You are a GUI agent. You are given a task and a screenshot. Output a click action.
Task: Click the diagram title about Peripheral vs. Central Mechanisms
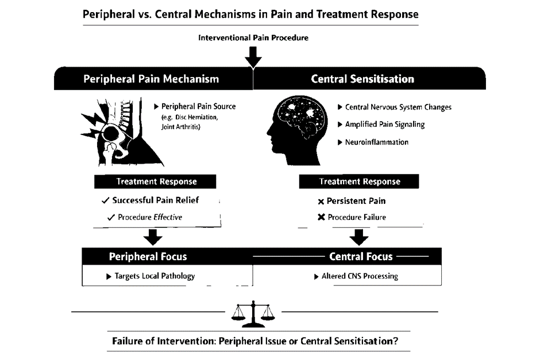click(x=250, y=14)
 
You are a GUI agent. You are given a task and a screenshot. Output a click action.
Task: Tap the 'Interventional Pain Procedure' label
click(x=253, y=38)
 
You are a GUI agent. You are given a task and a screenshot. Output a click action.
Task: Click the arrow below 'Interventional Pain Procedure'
click(x=253, y=57)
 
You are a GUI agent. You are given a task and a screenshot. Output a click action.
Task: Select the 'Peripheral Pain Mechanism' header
click(x=151, y=79)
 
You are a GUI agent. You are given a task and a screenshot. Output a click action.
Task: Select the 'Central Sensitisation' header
click(x=362, y=79)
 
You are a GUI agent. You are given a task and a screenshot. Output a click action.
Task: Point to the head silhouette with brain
click(x=297, y=130)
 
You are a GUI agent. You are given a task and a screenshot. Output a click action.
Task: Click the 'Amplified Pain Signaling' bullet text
click(x=385, y=125)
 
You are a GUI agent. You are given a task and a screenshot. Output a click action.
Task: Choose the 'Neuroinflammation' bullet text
click(x=377, y=142)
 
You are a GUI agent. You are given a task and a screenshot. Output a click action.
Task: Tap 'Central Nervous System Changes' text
click(x=398, y=107)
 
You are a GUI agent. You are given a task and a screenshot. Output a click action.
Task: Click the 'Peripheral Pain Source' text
click(x=198, y=106)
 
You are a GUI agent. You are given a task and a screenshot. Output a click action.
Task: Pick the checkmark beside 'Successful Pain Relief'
click(x=105, y=200)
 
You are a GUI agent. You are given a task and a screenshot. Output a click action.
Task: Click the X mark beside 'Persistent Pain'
click(x=321, y=202)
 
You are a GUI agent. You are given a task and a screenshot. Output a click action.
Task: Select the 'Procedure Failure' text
click(x=357, y=217)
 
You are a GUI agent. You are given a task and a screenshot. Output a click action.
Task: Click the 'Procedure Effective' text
click(x=150, y=217)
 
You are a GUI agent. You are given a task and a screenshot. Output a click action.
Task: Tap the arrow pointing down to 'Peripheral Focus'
click(x=153, y=237)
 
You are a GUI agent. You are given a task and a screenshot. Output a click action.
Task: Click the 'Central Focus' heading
click(x=361, y=257)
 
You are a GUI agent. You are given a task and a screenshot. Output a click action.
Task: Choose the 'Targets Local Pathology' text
click(x=155, y=276)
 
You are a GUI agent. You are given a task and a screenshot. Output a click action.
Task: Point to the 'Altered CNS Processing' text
click(x=360, y=276)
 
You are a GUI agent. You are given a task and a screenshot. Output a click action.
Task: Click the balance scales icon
click(x=253, y=314)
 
